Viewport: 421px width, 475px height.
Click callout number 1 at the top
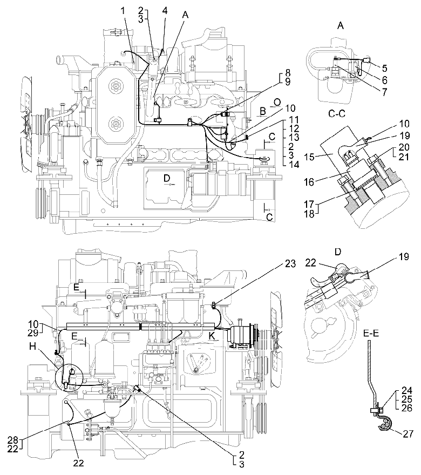(123, 11)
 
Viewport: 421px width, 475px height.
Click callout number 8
(288, 72)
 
